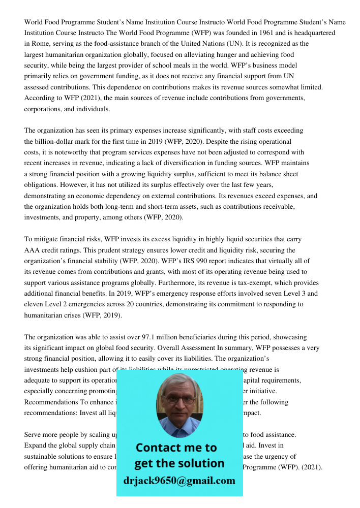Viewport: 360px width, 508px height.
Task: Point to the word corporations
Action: tap(44, 109)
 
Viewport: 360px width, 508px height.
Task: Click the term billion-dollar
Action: tap(58, 141)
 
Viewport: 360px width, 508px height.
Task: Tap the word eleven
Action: tap(34, 305)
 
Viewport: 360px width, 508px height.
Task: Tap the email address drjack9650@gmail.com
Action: tap(179, 481)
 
